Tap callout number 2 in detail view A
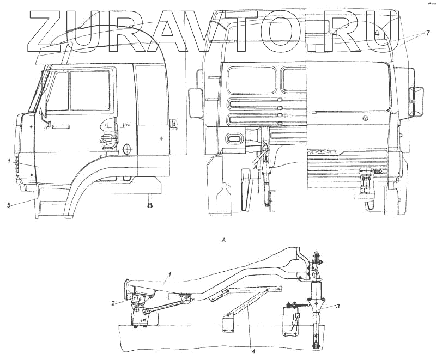113,303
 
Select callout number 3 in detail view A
338,307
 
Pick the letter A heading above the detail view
223,240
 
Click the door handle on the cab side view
60,127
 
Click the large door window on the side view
90,90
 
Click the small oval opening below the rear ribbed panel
235,140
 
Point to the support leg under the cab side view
149,202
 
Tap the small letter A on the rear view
254,168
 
